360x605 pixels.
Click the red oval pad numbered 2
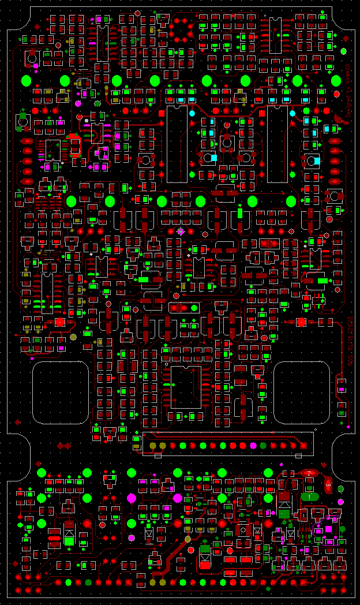[x=309, y=473]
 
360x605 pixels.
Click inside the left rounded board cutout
[x=60, y=393]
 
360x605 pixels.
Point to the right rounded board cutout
[x=301, y=393]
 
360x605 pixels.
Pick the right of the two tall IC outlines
[x=277, y=144]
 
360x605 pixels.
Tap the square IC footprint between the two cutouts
[x=186, y=387]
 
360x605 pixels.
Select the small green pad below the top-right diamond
[x=344, y=51]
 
